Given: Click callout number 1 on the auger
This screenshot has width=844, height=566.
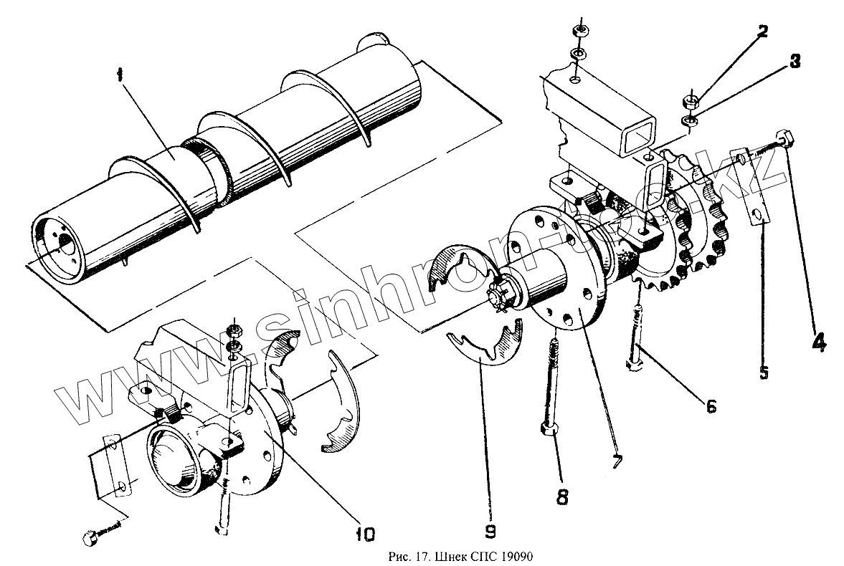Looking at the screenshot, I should tap(120, 75).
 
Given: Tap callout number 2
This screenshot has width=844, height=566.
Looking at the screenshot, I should tap(762, 31).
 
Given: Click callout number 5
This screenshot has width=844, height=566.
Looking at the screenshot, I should tap(764, 373).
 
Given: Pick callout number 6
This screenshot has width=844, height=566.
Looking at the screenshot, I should tap(711, 406).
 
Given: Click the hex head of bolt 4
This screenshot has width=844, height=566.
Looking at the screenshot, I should tap(784, 138).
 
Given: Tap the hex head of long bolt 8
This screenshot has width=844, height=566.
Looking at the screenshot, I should tap(549, 430).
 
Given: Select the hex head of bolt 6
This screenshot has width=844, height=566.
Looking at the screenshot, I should tap(634, 366).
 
